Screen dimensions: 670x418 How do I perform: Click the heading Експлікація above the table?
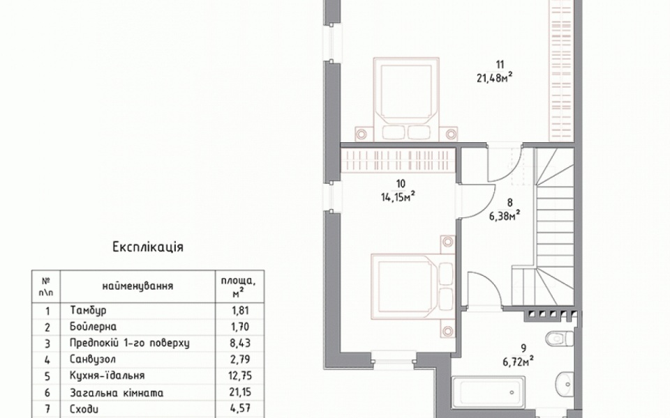tap(148, 247)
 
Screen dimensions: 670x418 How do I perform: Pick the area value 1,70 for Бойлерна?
tap(239, 327)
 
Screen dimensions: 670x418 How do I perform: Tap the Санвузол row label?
tap(93, 359)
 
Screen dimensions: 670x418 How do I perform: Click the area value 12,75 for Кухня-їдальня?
tap(241, 376)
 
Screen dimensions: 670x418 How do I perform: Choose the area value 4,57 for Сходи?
tap(239, 409)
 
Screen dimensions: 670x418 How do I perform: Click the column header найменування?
tap(137, 286)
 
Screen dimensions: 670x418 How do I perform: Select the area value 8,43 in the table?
tap(240, 343)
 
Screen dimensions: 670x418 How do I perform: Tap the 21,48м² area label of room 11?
tap(494, 77)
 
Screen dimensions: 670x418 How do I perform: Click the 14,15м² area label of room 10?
tap(399, 196)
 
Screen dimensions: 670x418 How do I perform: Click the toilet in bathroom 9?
tap(560, 339)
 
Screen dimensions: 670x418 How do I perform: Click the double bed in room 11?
tap(406, 99)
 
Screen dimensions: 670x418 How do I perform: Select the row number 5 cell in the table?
tap(47, 376)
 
